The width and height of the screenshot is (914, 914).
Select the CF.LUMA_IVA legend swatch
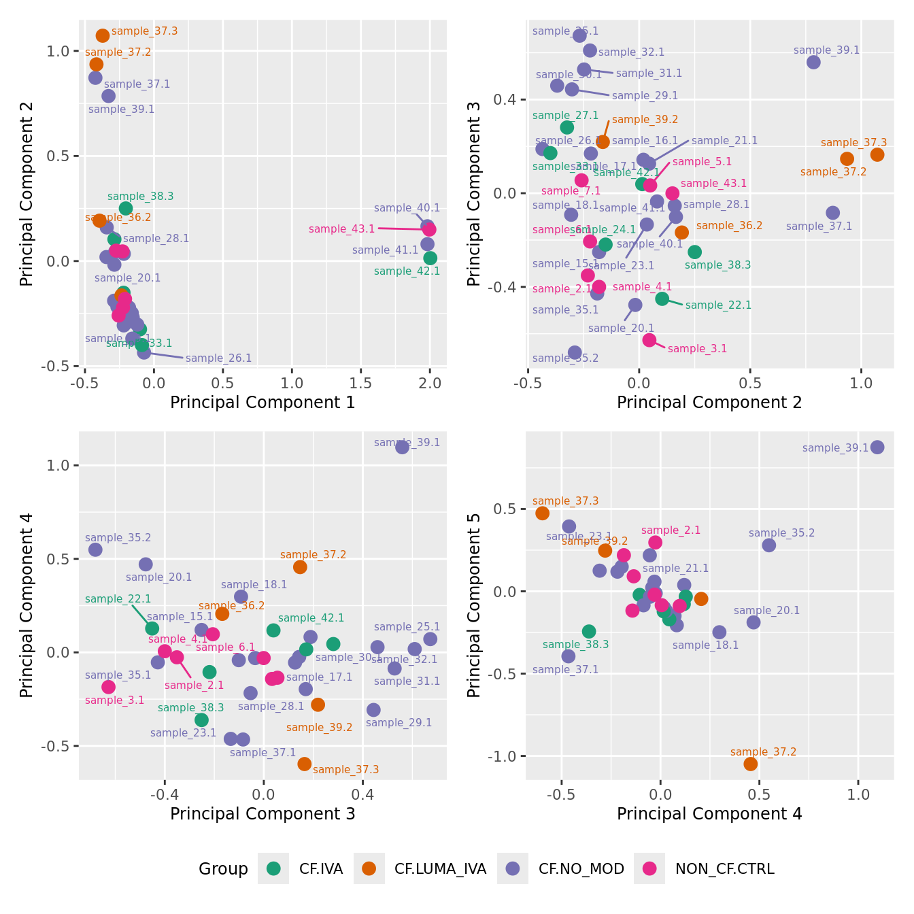369,868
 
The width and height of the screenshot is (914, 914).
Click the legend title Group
223,868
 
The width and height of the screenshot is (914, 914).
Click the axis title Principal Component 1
263,402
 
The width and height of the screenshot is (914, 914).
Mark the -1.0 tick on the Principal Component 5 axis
504,756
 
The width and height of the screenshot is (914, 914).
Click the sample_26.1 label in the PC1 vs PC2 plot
218,358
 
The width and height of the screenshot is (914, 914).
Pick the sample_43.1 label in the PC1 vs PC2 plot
341,229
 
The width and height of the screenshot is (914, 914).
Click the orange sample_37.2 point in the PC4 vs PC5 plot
751,764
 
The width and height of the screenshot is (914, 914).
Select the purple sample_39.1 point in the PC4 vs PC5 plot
877,447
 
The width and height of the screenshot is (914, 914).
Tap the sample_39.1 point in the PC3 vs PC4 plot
403,447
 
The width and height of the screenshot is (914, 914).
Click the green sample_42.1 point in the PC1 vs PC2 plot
430,258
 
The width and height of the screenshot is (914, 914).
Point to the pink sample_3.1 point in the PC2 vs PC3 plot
649,340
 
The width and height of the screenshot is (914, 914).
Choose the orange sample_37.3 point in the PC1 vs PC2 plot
103,35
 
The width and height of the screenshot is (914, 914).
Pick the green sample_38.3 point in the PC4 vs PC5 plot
589,631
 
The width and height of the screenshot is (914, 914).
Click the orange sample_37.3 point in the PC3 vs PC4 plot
304,764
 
